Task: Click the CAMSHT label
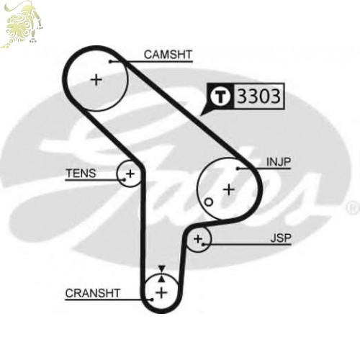[168, 55]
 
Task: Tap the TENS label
[81, 174]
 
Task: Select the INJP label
[279, 162]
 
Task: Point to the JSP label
[281, 238]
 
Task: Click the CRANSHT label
[93, 293]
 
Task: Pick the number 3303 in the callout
[258, 96]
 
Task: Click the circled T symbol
[220, 96]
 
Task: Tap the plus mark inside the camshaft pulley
[96, 80]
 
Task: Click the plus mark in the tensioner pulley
[130, 174]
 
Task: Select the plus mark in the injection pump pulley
[229, 190]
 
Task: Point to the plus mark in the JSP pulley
[198, 239]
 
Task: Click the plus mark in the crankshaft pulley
[161, 293]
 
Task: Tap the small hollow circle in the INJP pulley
[208, 202]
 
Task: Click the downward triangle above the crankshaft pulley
[162, 269]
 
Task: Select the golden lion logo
[22, 24]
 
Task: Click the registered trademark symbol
[353, 208]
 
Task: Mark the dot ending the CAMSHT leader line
[110, 62]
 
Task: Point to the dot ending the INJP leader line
[238, 168]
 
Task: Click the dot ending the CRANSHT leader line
[152, 300]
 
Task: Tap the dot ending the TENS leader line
[125, 179]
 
